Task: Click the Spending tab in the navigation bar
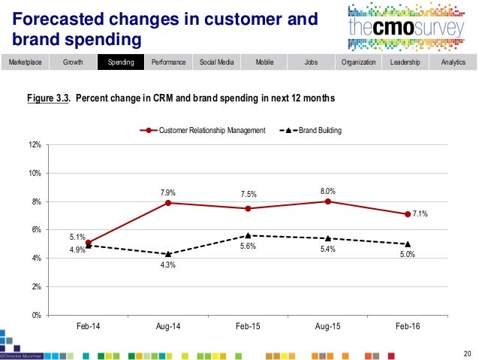tap(121, 62)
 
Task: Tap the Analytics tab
tap(453, 62)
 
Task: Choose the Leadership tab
tap(405, 62)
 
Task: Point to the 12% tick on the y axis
tap(35, 144)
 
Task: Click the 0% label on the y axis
tap(36, 315)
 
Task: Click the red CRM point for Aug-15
tap(328, 201)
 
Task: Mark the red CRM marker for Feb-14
tap(89, 243)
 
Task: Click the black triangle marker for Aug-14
tap(168, 254)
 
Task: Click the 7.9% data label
tap(168, 192)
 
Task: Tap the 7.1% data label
tap(421, 214)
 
